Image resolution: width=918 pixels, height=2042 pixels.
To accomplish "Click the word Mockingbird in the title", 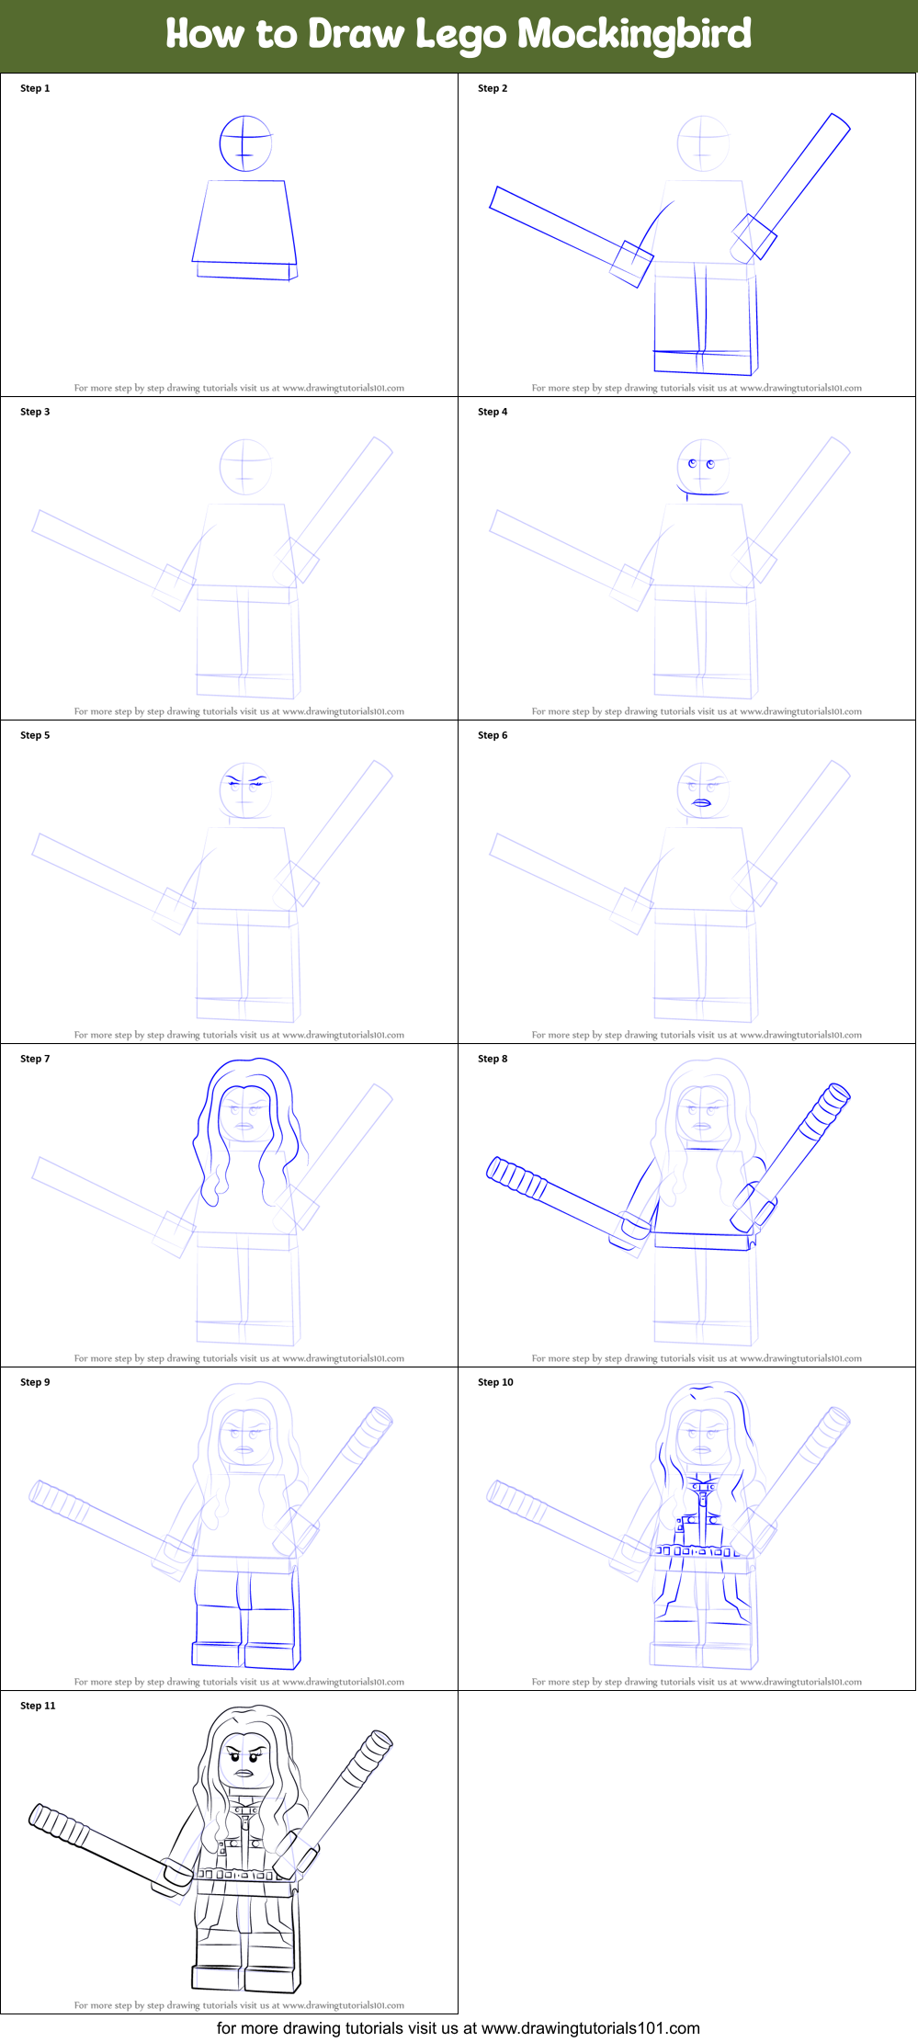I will [634, 35].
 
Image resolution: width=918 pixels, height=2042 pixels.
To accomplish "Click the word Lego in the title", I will [460, 35].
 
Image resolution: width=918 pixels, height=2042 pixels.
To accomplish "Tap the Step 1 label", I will [35, 88].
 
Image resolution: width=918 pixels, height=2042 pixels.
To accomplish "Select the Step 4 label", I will [493, 412].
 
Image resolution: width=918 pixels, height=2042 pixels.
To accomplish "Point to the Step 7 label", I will [35, 1059].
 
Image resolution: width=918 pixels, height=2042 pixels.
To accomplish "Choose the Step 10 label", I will [495, 1382].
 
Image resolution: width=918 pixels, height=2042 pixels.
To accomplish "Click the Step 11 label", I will [38, 1706].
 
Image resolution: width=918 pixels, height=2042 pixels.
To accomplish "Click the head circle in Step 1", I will [245, 143].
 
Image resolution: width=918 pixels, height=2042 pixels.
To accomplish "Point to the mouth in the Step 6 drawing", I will [702, 803].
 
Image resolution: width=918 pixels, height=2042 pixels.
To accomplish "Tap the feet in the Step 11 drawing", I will [246, 1977].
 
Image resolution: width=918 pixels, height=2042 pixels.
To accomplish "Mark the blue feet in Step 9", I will [245, 1654].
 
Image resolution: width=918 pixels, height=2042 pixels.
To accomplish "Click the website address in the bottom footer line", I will [590, 2028].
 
